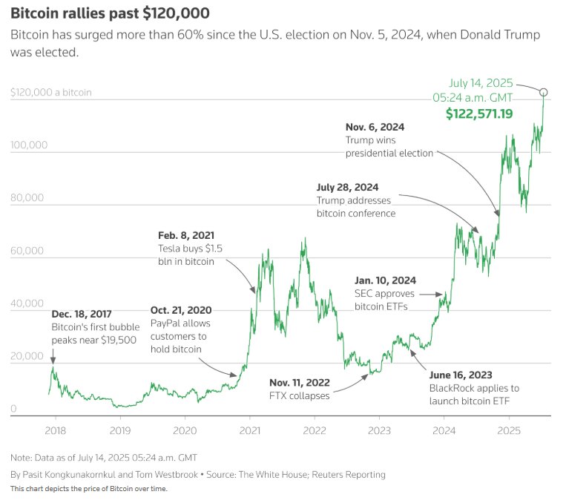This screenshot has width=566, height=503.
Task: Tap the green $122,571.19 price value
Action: point(479,114)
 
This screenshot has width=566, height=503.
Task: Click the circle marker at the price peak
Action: point(544,92)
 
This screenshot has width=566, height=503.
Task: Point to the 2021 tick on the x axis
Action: point(249,430)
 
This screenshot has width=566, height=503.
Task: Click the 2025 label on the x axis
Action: point(508,430)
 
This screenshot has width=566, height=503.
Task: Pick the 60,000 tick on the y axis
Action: point(29,251)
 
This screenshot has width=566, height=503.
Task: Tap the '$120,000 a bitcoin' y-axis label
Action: point(51,93)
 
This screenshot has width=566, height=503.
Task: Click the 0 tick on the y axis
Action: point(14,409)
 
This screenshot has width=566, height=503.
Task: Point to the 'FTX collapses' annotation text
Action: point(299,395)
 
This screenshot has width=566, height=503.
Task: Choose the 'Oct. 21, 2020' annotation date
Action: point(182,309)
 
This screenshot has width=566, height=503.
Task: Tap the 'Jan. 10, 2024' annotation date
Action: point(385,280)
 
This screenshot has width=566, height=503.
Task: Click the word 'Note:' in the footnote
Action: point(23,456)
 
